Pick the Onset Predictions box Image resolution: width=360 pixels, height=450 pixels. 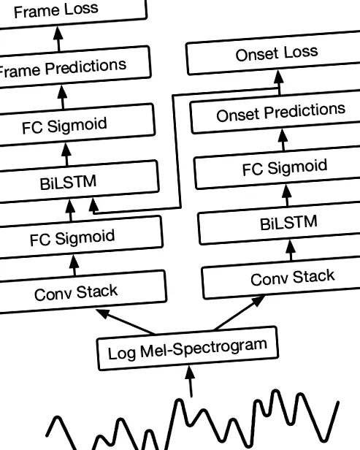click(x=276, y=112)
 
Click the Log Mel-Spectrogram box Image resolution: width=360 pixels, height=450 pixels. click(x=188, y=348)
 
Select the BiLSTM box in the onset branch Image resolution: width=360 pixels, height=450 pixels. click(x=280, y=224)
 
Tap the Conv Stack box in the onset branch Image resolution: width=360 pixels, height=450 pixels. click(x=281, y=278)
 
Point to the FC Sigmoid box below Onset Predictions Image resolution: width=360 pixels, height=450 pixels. click(x=277, y=168)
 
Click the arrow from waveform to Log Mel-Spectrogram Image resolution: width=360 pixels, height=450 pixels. click(x=190, y=381)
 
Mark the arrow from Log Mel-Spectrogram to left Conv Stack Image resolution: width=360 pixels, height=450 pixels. click(x=126, y=321)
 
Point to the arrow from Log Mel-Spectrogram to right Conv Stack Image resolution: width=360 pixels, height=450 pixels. click(x=240, y=313)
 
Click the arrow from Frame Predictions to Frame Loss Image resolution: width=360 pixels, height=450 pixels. click(x=58, y=39)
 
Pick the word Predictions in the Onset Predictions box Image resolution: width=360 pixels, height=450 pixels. click(x=305, y=111)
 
